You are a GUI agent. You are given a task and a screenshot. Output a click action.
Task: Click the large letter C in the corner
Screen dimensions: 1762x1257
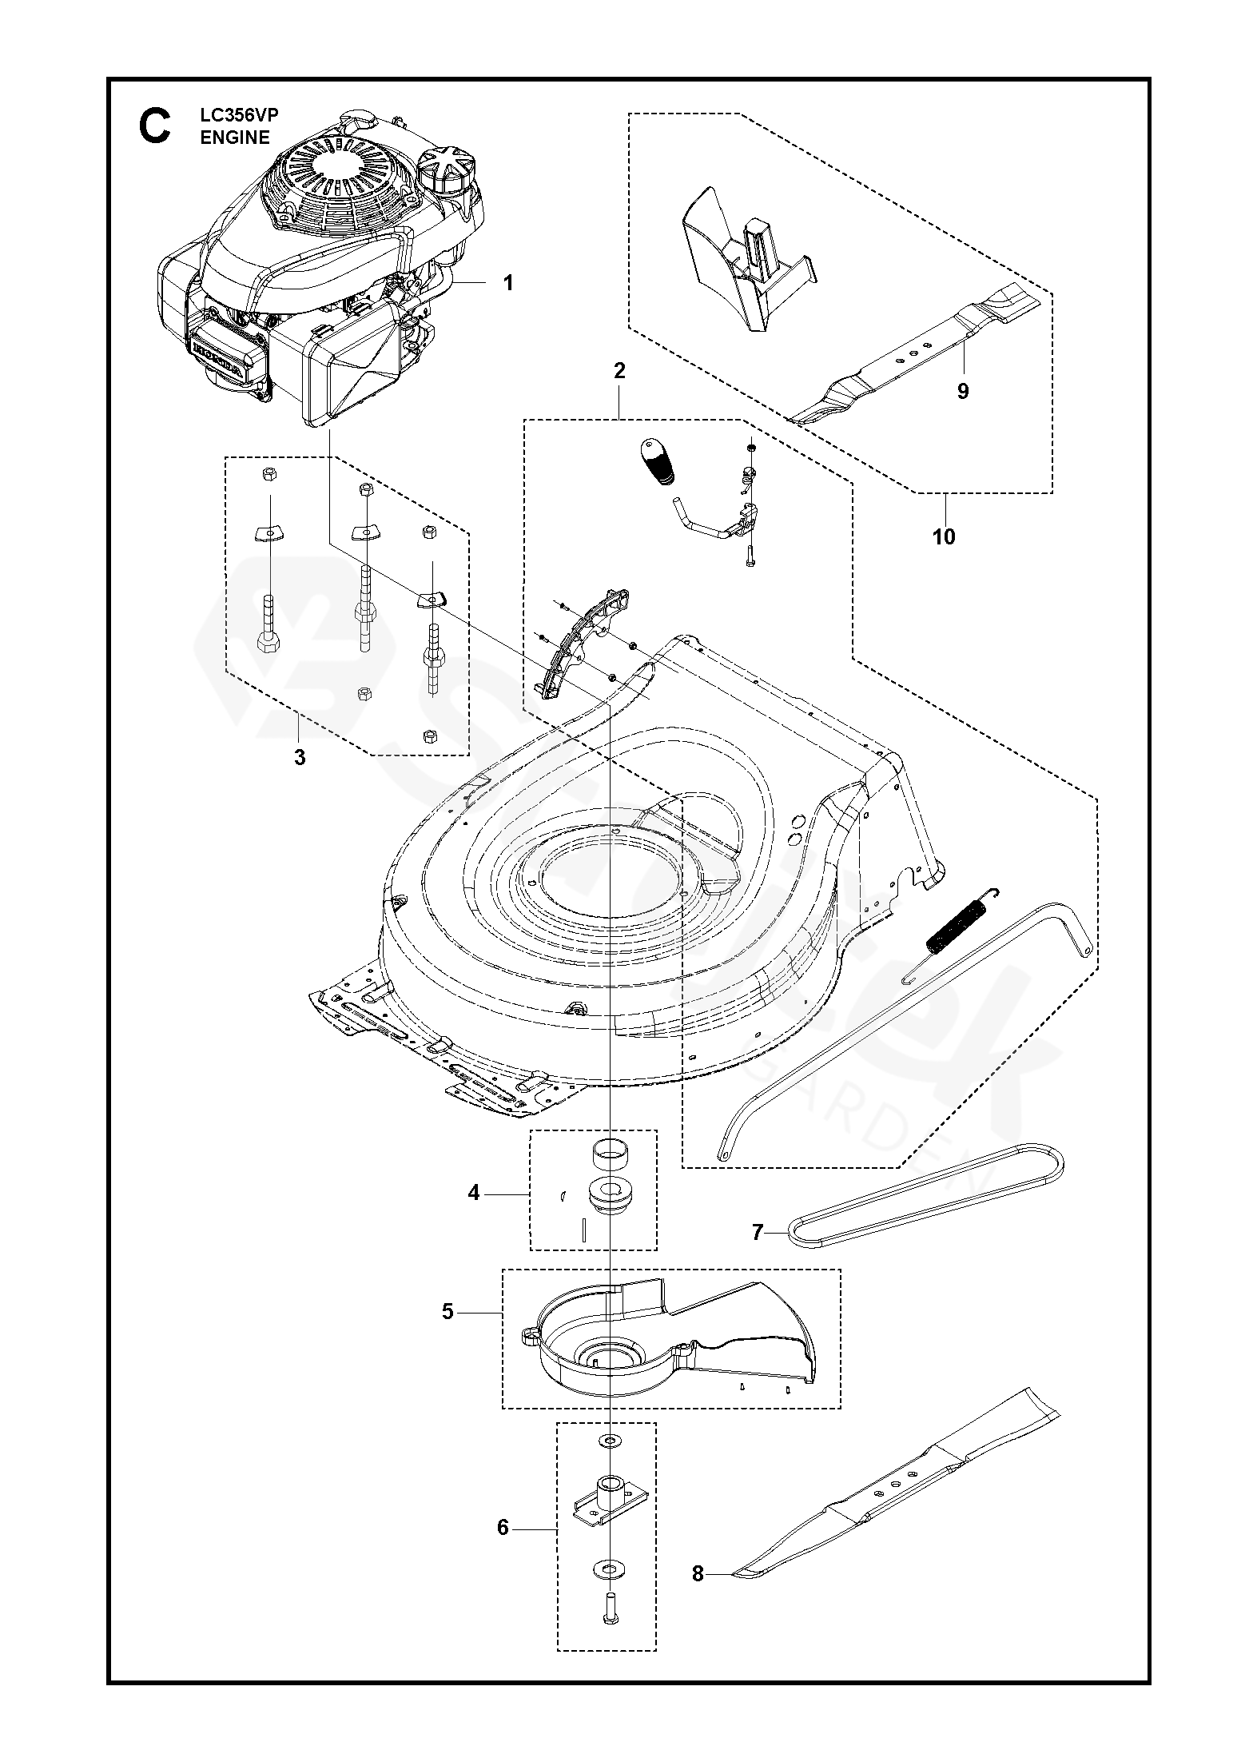[x=154, y=127]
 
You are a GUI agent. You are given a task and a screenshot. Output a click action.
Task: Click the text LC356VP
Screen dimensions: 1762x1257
[x=234, y=116]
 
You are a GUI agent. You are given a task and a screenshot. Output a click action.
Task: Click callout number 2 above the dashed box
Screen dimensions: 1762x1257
[x=619, y=371]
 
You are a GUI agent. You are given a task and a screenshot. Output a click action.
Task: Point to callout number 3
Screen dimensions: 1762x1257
[x=300, y=757]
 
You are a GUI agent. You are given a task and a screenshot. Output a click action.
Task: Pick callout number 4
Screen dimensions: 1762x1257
[x=474, y=1216]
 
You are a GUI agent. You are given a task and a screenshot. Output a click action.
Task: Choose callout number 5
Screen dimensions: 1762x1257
[x=448, y=1312]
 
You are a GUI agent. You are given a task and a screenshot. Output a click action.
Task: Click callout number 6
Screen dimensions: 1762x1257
[x=503, y=1528]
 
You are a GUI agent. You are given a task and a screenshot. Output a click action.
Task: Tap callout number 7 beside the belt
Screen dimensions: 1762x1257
[x=758, y=1254]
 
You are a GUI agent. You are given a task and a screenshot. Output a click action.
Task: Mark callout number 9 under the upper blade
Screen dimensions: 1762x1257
[x=963, y=391]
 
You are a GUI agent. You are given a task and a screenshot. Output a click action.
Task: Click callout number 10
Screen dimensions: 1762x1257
[x=944, y=536]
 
